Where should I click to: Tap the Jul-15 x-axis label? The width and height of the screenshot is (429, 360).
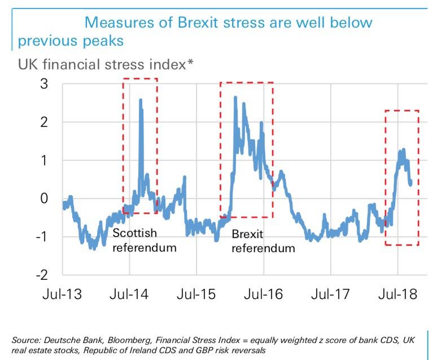click(x=196, y=295)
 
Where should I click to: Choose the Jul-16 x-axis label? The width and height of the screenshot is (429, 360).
click(x=263, y=295)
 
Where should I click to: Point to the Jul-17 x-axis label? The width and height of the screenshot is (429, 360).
click(x=331, y=295)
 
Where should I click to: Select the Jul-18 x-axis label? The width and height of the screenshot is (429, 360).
click(x=398, y=295)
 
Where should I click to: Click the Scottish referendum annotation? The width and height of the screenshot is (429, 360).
click(x=145, y=240)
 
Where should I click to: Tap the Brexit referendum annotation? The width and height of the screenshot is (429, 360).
click(x=263, y=241)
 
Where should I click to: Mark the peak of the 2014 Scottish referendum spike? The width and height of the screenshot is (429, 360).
click(x=140, y=100)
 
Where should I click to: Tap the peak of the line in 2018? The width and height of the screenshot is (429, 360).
click(x=403, y=150)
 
